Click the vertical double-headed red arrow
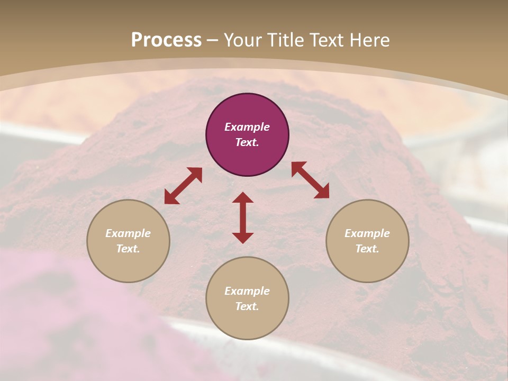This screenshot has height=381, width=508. (x=243, y=217)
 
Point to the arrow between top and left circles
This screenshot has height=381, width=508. (x=183, y=186)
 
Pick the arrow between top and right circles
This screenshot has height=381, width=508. (x=310, y=180)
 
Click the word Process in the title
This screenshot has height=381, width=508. (x=166, y=40)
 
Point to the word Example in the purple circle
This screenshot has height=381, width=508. (x=247, y=127)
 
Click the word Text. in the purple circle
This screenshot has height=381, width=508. (x=247, y=142)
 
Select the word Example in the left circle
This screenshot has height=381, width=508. (x=128, y=233)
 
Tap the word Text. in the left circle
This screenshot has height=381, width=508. (x=128, y=249)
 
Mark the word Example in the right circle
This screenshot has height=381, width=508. (x=367, y=233)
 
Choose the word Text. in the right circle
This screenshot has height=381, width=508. (x=367, y=249)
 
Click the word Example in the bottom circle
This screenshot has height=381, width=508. (x=247, y=291)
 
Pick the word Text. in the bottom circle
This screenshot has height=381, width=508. (x=247, y=306)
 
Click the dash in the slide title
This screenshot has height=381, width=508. (x=213, y=40)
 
